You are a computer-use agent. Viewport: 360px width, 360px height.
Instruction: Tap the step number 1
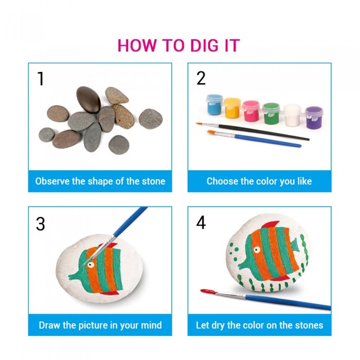pyautogui.click(x=41, y=79)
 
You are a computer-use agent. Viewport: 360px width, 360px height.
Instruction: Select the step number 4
pyautogui.click(x=201, y=223)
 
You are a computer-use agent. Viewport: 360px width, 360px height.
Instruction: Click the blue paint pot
pyautogui.click(x=214, y=104)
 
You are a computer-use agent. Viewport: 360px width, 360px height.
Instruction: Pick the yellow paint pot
pyautogui.click(x=232, y=108)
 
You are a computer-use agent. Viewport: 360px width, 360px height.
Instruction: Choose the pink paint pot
pyautogui.click(x=251, y=111)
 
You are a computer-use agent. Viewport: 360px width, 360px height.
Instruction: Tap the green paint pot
pyautogui.click(x=271, y=114)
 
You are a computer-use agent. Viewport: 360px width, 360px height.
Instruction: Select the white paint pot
pyautogui.click(x=292, y=115)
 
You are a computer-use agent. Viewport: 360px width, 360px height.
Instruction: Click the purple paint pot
pyautogui.click(x=314, y=118)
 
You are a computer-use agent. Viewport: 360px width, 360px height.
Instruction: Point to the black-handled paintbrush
pyautogui.click(x=253, y=131)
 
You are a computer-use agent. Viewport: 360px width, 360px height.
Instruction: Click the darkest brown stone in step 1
pyautogui.click(x=88, y=100)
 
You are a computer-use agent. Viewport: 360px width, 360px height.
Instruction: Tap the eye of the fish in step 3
pyautogui.click(x=91, y=265)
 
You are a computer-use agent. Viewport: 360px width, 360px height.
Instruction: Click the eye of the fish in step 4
pyautogui.click(x=257, y=249)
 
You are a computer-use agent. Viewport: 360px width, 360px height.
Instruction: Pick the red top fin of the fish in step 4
pyautogui.click(x=271, y=224)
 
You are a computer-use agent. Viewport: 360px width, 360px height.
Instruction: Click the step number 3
pyautogui.click(x=41, y=224)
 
